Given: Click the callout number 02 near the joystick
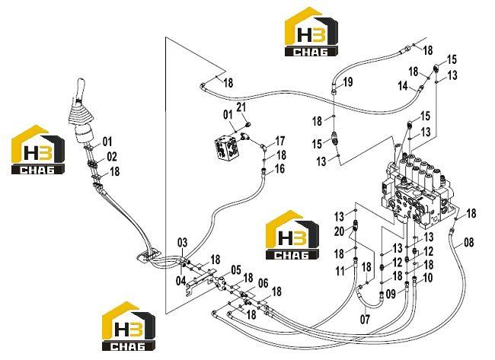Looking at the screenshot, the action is coord(112,157).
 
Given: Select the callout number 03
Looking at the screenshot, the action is coord(182,243).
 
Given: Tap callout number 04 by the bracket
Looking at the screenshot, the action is coord(181,281).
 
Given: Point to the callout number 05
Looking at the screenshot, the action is coord(236,270).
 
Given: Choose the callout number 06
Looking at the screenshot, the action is coord(263,283).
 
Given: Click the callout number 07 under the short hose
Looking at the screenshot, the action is coord(365,320).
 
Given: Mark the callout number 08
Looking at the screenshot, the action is coord(469,242).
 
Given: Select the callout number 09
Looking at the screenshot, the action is coord(391,294).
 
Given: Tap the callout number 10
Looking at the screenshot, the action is coord(427,278).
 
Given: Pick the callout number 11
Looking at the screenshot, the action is coord(340,271).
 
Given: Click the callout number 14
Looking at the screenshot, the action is coord(403,86).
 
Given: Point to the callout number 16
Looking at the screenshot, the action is coord(279,169).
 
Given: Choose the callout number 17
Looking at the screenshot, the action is coord(280,141).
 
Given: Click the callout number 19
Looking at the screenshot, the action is coord(347,82).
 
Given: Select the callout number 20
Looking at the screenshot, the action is coord(339,231).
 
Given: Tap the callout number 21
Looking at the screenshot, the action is coord(241,107).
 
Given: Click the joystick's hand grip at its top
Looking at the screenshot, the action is coord(81,87).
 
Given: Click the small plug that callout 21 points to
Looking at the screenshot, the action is coord(248,124).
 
